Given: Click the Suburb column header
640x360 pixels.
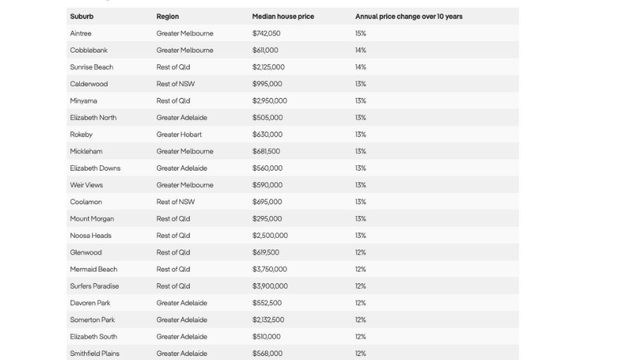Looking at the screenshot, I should [82, 17].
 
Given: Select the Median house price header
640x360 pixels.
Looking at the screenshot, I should [283, 17].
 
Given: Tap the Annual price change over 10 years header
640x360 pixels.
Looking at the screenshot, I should [409, 17].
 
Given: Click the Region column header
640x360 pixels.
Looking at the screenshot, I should [167, 17].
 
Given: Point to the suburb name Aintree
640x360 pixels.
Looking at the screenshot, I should [81, 33].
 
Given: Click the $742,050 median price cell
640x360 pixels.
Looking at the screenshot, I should [267, 33].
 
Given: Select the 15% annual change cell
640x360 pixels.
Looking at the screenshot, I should [361, 33].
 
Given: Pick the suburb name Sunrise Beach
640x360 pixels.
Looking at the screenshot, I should [91, 67].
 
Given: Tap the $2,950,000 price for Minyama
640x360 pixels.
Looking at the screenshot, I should [269, 101].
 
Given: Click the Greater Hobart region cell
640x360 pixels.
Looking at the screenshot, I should [179, 135].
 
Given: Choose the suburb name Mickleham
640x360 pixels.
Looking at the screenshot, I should [86, 151].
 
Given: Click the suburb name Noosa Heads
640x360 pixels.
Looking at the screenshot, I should [91, 235].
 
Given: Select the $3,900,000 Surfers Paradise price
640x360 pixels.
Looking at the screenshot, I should [270, 286].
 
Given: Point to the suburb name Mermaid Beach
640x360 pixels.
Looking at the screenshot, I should [93, 269].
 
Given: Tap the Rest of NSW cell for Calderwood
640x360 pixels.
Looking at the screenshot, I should [175, 84].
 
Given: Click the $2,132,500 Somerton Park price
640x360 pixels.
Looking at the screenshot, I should [268, 320].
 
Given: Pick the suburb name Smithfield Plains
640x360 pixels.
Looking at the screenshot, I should [95, 353].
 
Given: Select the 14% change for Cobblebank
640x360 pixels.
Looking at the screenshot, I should [361, 50].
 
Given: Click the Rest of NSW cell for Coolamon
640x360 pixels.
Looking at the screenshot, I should [175, 202].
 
